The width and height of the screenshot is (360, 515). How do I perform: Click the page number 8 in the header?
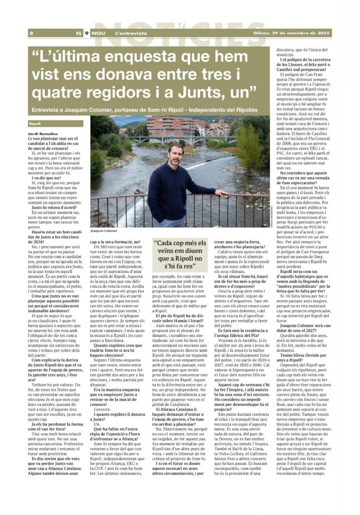[31, 33]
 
